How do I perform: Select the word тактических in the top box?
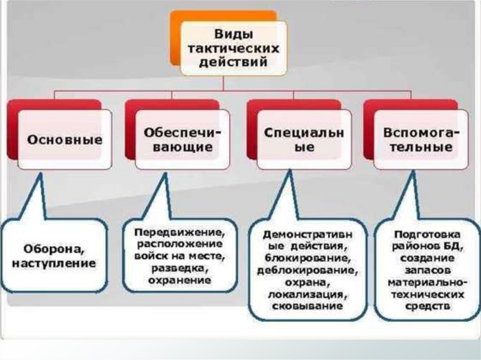coord(233,48)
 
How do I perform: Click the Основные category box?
coord(65,139)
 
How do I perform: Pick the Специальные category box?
coord(303,139)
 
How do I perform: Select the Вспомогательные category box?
coord(421,139)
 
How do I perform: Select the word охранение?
coord(179,280)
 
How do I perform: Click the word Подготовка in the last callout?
coord(427,234)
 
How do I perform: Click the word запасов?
coord(427,270)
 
